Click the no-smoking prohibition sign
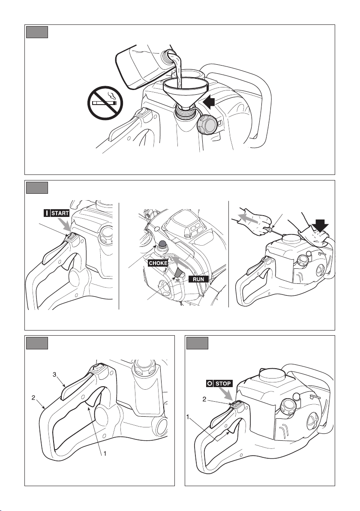coord(105,103)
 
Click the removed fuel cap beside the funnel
coord(207,124)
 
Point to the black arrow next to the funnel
coord(209,102)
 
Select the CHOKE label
coord(158,263)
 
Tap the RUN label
coord(198,279)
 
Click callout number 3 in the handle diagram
coord(54,374)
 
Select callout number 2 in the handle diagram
coord(33,397)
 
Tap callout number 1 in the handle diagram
coord(105,453)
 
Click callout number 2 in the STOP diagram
coord(204,399)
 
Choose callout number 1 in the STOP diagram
coord(188,417)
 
